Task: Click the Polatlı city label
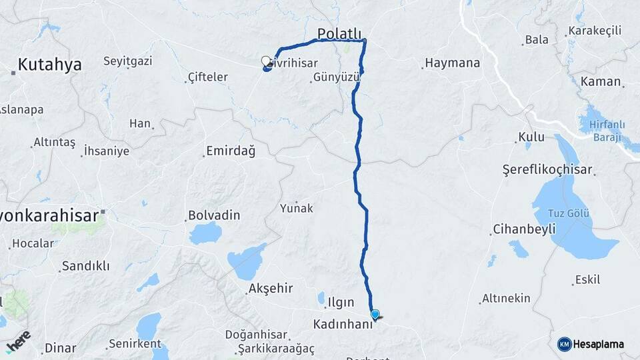coord(339,33)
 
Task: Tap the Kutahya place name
coord(49,65)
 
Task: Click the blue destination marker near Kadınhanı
coord(375,315)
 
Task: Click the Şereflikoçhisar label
coord(547,170)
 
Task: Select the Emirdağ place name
coord(231,151)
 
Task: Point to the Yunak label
coord(297,208)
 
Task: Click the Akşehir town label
coord(270,289)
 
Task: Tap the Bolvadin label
coord(214,216)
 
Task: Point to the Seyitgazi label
coord(127,61)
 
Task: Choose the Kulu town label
coord(533,137)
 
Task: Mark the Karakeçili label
coord(595,31)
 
